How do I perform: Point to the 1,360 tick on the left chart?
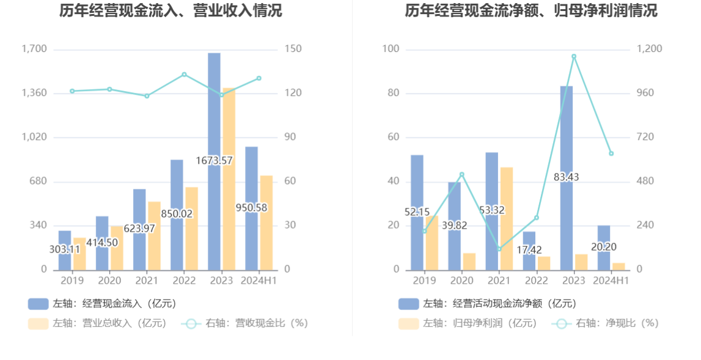point(34,93)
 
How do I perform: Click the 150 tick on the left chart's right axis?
point(293,49)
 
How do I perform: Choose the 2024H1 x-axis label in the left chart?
point(259,281)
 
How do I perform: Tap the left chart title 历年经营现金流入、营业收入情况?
point(171,10)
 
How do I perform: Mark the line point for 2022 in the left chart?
point(184,75)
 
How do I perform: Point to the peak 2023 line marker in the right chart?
point(574,56)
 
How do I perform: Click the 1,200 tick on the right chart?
point(650,49)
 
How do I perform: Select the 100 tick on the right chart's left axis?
point(391,49)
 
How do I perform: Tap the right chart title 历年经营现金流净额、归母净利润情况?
point(531,10)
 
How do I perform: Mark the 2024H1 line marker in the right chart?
point(611,153)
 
